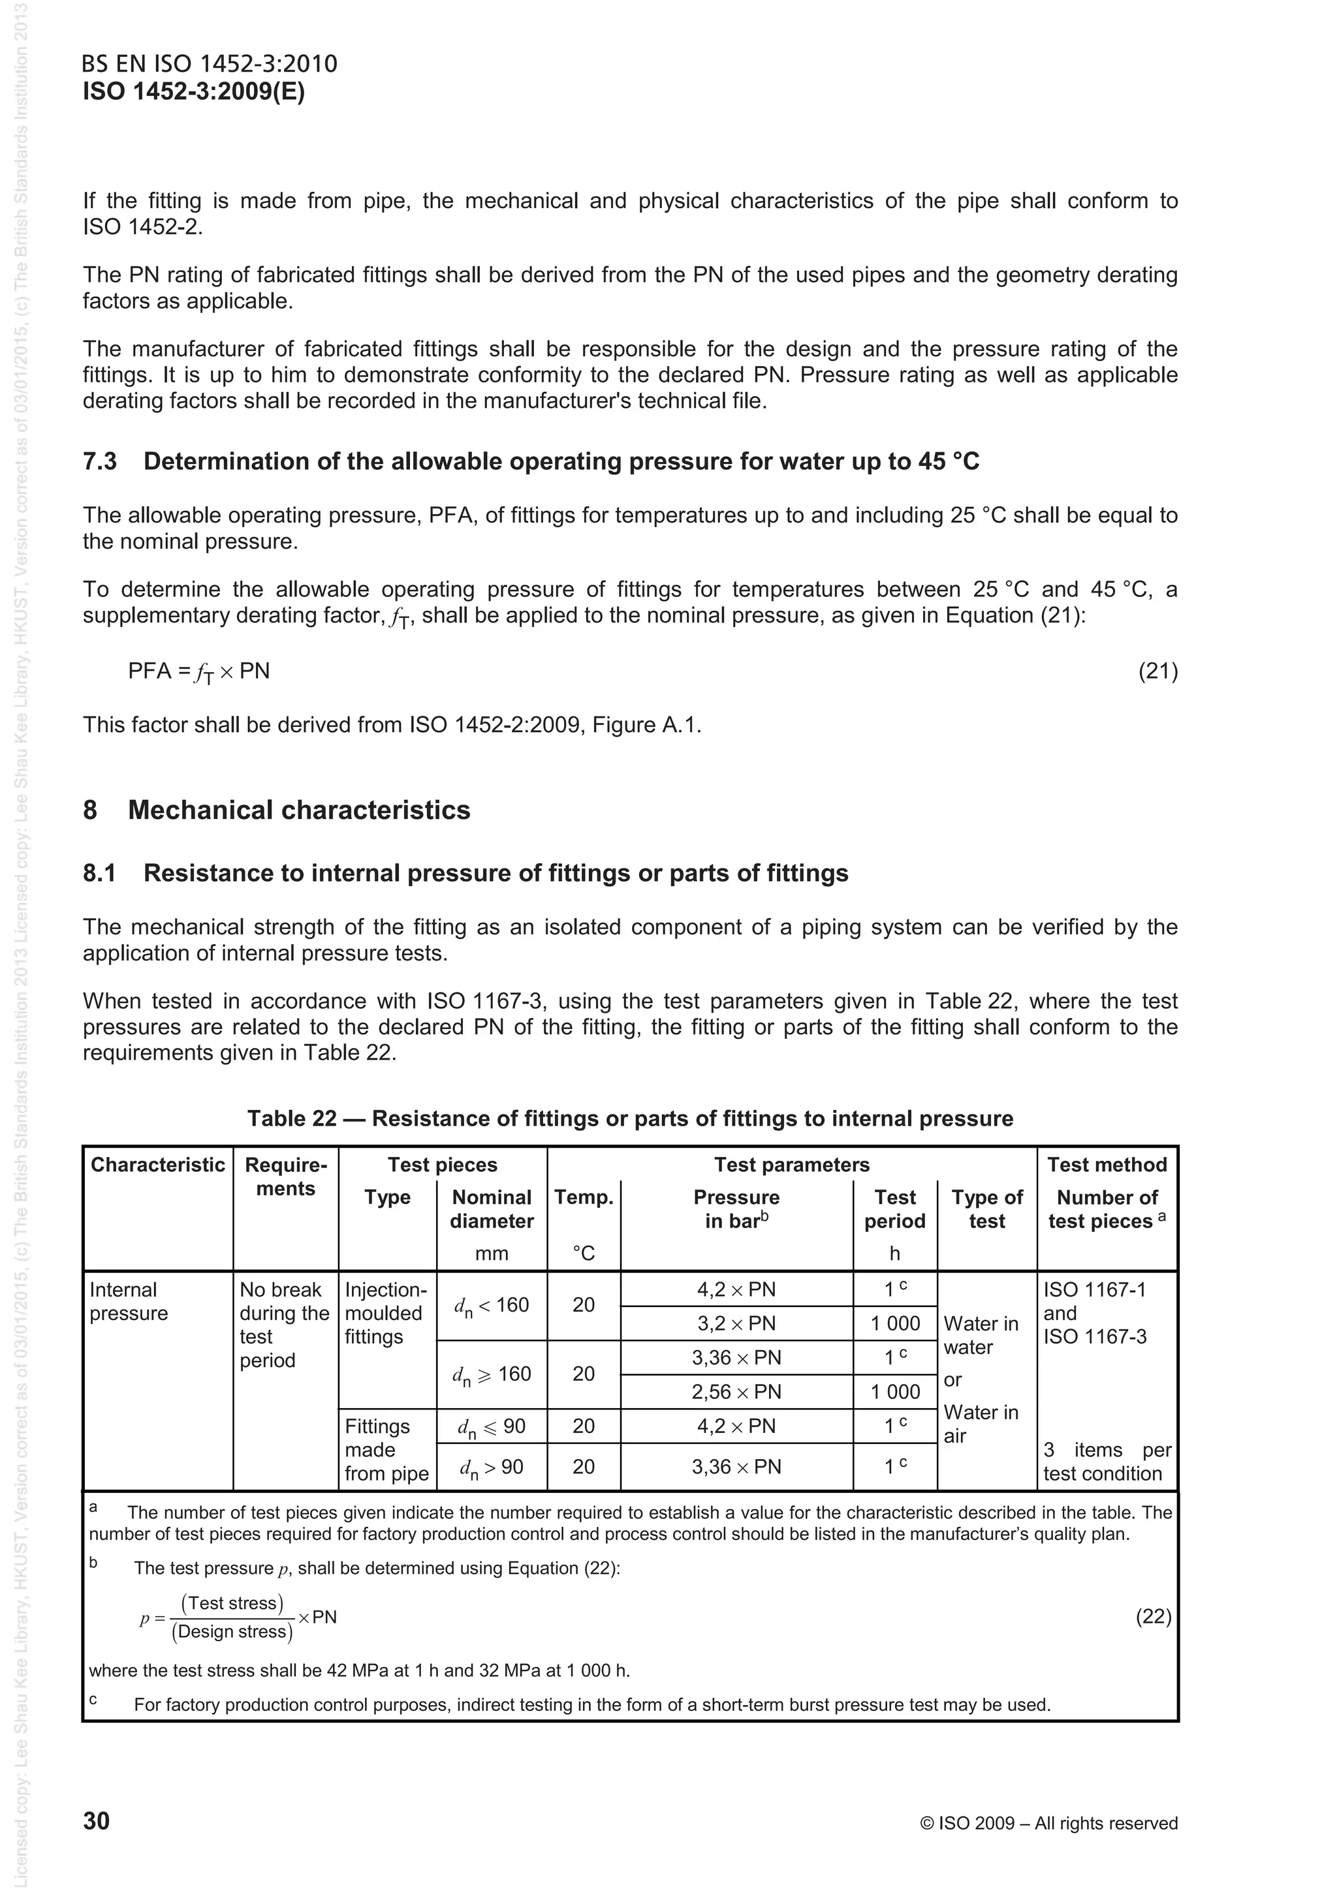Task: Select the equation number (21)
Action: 1157,671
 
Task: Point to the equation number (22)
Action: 1154,1617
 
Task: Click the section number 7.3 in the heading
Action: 100,461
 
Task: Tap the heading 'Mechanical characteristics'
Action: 299,810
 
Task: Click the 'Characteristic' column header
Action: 157,1165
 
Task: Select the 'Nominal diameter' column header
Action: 492,1209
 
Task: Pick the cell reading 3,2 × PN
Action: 736,1323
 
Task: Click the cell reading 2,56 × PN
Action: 736,1392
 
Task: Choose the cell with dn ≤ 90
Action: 492,1426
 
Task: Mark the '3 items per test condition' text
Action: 1107,1461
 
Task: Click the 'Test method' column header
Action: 1107,1165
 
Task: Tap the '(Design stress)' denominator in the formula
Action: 232,1631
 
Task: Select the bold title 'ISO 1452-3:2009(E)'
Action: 194,91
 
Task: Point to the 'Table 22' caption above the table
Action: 630,1118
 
